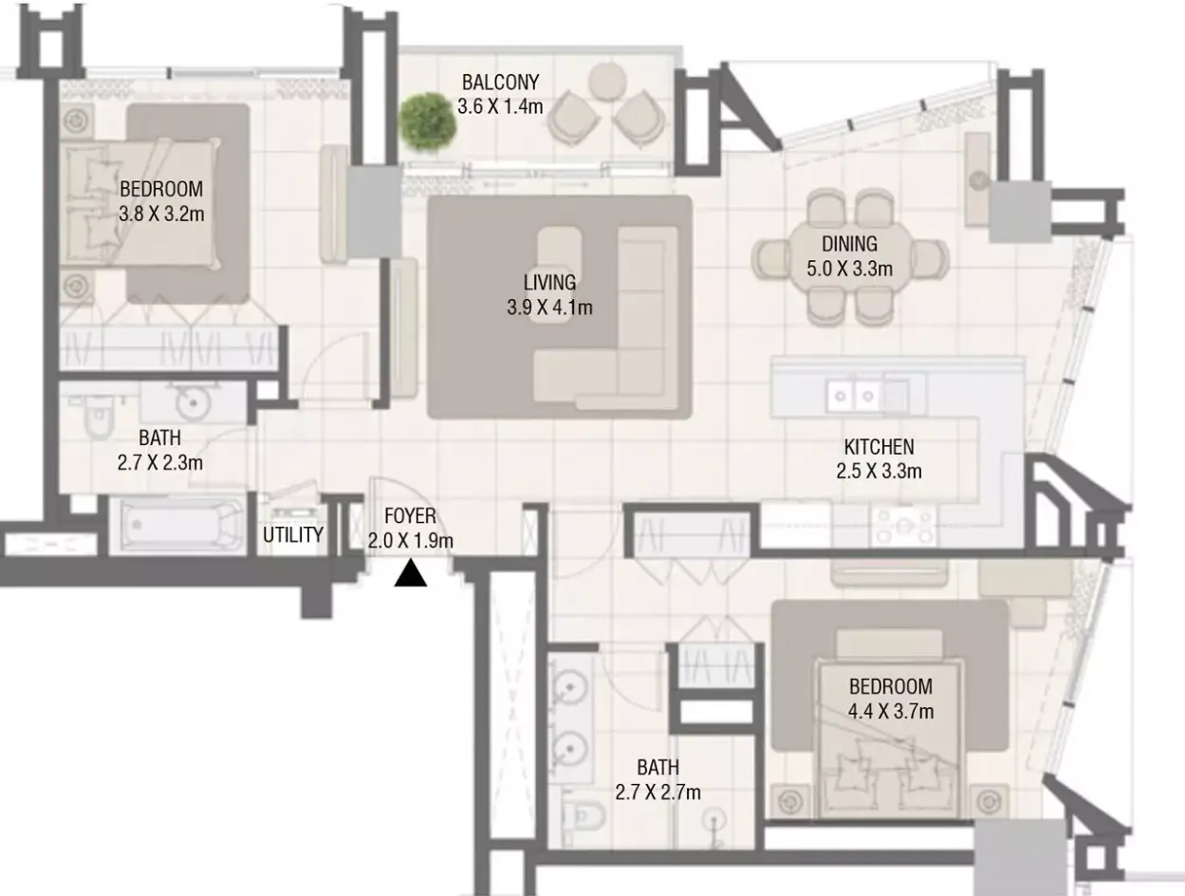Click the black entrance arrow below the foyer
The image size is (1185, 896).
410,573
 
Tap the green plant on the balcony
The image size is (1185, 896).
428,123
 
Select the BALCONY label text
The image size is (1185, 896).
500,83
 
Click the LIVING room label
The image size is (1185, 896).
549,283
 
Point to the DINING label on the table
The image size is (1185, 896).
849,244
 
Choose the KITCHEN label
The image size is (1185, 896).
879,447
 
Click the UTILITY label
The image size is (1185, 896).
293,534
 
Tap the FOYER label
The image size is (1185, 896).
410,515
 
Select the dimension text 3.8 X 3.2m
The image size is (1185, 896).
161,215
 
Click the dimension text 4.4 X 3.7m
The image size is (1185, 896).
891,711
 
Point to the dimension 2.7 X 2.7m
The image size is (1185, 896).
658,793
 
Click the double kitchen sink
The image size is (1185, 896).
854,396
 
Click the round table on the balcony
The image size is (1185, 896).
607,82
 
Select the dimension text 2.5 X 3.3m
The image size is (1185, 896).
879,472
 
